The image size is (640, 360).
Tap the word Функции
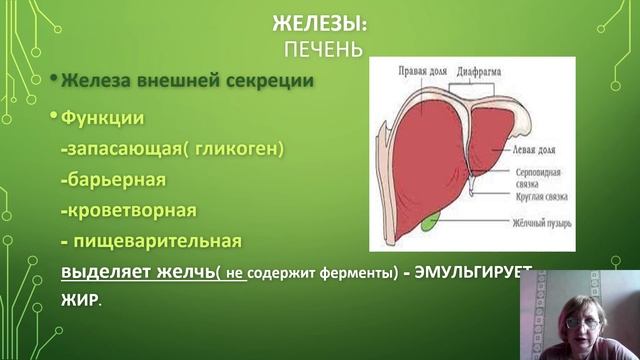click(x=103, y=118)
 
